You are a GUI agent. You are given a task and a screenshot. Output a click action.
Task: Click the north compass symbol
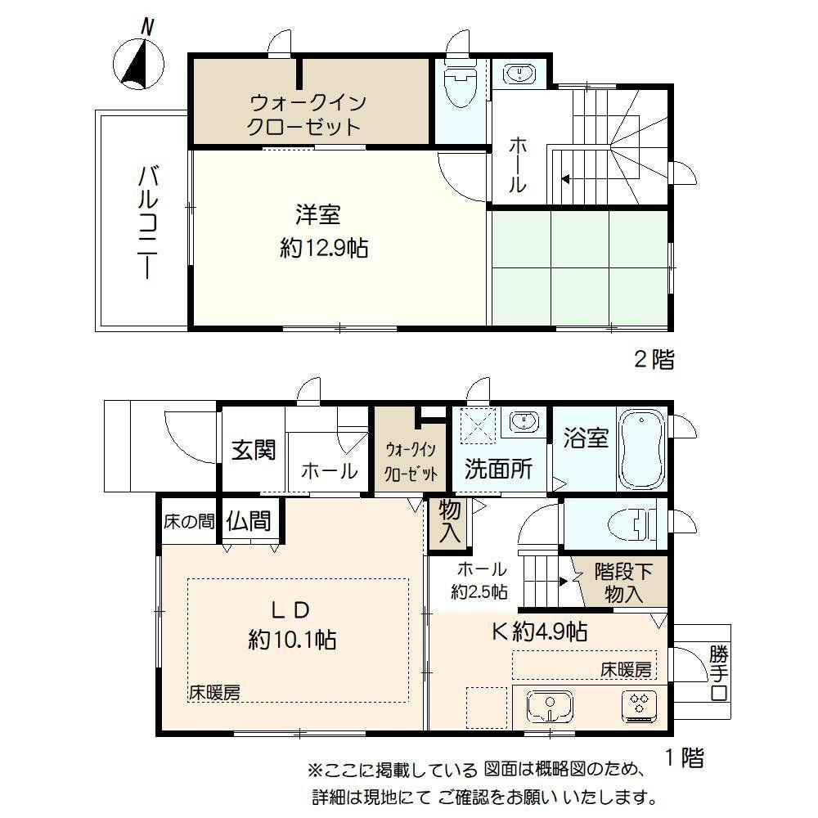[138, 60]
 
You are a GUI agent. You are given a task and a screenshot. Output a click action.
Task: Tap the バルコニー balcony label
[148, 222]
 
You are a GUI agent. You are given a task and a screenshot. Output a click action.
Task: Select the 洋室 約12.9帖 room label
[324, 231]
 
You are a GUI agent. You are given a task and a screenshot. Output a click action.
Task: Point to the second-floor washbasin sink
[519, 74]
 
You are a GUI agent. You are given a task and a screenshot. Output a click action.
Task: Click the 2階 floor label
[654, 359]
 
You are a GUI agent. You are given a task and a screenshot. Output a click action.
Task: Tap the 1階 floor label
[685, 757]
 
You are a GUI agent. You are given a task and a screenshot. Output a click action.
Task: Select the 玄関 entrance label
[254, 450]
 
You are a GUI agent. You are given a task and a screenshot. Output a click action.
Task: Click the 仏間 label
[249, 520]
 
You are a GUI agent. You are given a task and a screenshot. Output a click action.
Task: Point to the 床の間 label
[189, 521]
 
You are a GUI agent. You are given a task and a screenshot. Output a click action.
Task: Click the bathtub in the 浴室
[641, 448]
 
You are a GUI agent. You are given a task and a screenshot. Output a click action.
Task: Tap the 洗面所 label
[499, 469]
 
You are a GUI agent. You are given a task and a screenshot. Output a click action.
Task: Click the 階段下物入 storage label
[622, 582]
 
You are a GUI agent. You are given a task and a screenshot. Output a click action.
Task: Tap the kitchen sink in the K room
[550, 707]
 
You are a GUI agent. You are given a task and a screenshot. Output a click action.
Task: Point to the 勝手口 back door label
[719, 672]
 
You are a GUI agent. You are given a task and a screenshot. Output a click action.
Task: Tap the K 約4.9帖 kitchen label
[539, 631]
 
